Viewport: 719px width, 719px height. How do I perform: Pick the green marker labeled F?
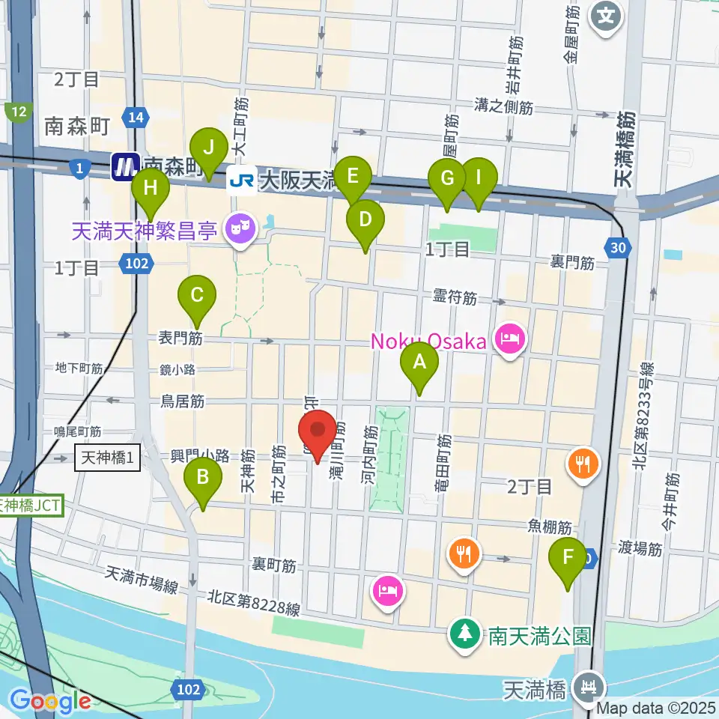click(567, 556)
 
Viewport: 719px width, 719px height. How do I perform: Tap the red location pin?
click(318, 431)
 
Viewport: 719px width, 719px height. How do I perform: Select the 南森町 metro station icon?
click(124, 167)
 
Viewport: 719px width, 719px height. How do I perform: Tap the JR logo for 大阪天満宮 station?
click(242, 180)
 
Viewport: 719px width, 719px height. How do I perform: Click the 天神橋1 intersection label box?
click(108, 458)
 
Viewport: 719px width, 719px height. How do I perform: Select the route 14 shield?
click(136, 118)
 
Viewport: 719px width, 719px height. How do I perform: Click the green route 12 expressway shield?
click(19, 112)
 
